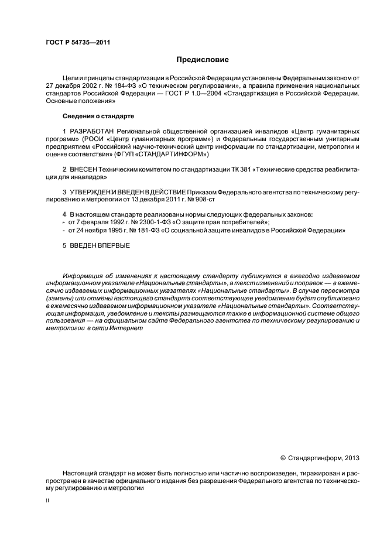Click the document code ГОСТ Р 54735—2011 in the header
click(78, 43)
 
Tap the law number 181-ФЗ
click(143, 230)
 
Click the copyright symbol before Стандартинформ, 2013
click(283, 458)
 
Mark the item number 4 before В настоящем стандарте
click(64, 215)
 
